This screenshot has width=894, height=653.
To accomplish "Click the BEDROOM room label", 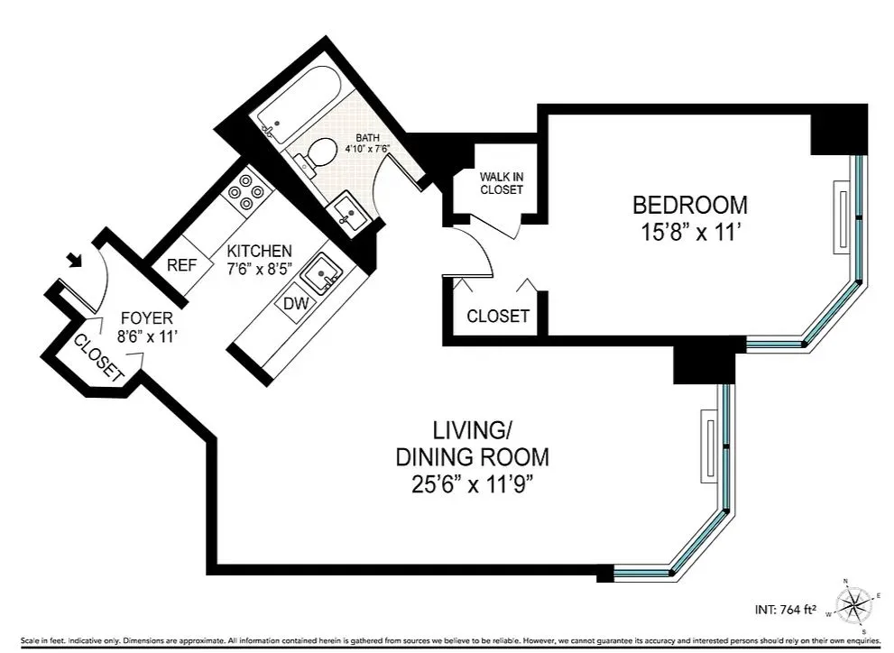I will [x=689, y=204].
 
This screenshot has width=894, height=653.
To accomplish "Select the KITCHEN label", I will [x=259, y=251].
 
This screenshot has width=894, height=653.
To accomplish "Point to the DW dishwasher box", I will [x=296, y=304].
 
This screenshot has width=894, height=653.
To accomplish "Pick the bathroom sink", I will [x=347, y=211].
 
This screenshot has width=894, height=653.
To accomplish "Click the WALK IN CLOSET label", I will [x=502, y=183].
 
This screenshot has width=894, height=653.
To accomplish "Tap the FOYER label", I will [x=142, y=318].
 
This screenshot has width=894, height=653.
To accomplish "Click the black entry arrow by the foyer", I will [x=79, y=262].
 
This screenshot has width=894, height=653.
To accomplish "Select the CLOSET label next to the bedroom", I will [x=497, y=317].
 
